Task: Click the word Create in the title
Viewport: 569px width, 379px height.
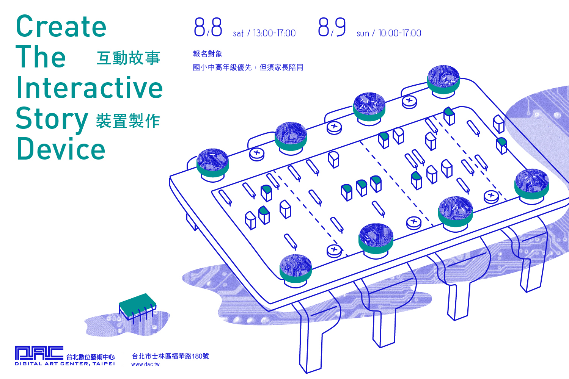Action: [x=61, y=26]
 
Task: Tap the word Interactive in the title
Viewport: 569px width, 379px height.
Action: [x=90, y=87]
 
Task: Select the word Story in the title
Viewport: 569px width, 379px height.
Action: [x=52, y=120]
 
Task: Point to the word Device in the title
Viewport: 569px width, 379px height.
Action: [x=61, y=149]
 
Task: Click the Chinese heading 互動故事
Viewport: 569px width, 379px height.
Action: [x=128, y=58]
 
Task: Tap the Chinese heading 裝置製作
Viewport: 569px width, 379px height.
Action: [x=128, y=121]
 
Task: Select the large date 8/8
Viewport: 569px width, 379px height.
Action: [x=208, y=27]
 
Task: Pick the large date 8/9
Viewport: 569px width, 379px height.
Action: [x=332, y=27]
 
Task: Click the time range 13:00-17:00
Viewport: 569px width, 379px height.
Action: [x=274, y=33]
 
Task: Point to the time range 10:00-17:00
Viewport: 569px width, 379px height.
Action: [x=399, y=33]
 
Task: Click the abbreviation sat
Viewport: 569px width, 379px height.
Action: [x=238, y=34]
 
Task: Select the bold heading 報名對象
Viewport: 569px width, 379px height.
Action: [x=207, y=54]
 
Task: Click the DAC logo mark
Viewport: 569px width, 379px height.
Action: [x=39, y=353]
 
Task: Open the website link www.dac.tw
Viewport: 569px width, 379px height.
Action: [x=145, y=364]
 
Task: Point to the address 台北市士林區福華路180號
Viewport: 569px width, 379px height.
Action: [x=170, y=356]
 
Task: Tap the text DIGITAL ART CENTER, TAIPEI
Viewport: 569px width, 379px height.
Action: [x=65, y=364]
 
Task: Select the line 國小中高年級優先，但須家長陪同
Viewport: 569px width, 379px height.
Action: [x=248, y=67]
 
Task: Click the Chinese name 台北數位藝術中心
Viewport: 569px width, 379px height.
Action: [x=90, y=357]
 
